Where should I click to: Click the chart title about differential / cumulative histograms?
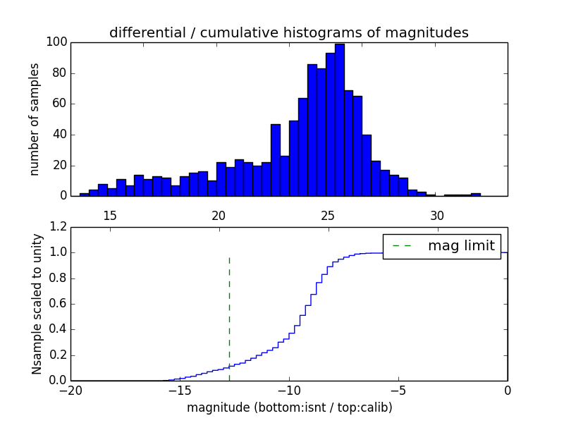288,32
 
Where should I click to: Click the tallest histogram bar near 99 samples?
340,120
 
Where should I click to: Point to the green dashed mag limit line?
229,317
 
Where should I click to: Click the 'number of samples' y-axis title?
35,118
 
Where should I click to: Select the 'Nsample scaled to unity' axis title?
37,303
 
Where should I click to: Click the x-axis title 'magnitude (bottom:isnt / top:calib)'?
289,407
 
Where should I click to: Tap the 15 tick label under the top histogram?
110,215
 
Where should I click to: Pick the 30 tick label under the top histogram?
437,215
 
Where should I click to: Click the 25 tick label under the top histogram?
328,215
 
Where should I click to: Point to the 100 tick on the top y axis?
56,42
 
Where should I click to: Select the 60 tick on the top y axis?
59,104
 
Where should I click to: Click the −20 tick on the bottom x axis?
70,390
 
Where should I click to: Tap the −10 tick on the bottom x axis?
288,390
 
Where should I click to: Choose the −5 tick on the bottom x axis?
398,390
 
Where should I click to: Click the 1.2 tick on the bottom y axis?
58,227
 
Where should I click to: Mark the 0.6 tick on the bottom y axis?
58,304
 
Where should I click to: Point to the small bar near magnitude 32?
476,195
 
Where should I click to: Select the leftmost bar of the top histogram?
85,195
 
